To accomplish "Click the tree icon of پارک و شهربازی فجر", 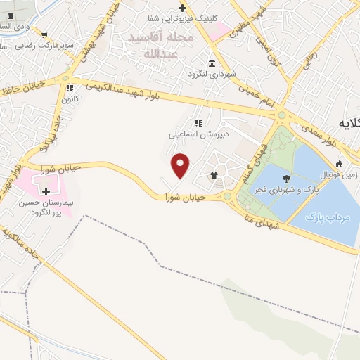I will point(285,178).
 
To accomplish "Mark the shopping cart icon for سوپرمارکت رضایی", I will point(44,34).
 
